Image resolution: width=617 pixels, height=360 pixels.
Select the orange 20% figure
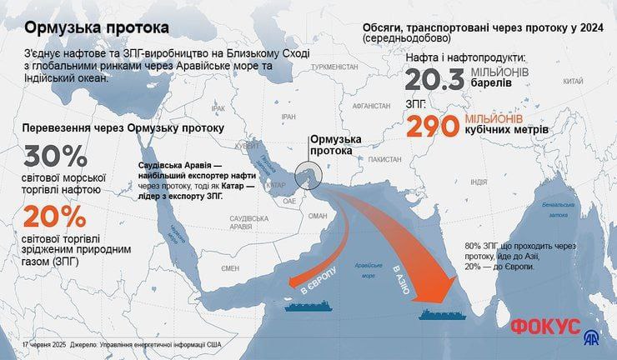click(x=55, y=217)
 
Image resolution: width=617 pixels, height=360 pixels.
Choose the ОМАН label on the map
click(x=319, y=215)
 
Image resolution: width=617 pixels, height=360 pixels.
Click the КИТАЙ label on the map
click(x=573, y=82)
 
